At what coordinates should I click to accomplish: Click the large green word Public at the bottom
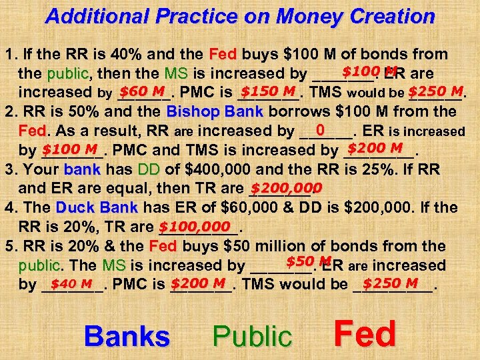(252, 337)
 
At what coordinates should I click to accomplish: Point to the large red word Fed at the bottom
(365, 334)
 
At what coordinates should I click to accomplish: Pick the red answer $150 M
(268, 91)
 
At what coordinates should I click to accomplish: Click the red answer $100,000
(199, 226)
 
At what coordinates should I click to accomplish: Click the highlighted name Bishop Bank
(215, 111)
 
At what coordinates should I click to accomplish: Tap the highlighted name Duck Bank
(97, 207)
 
